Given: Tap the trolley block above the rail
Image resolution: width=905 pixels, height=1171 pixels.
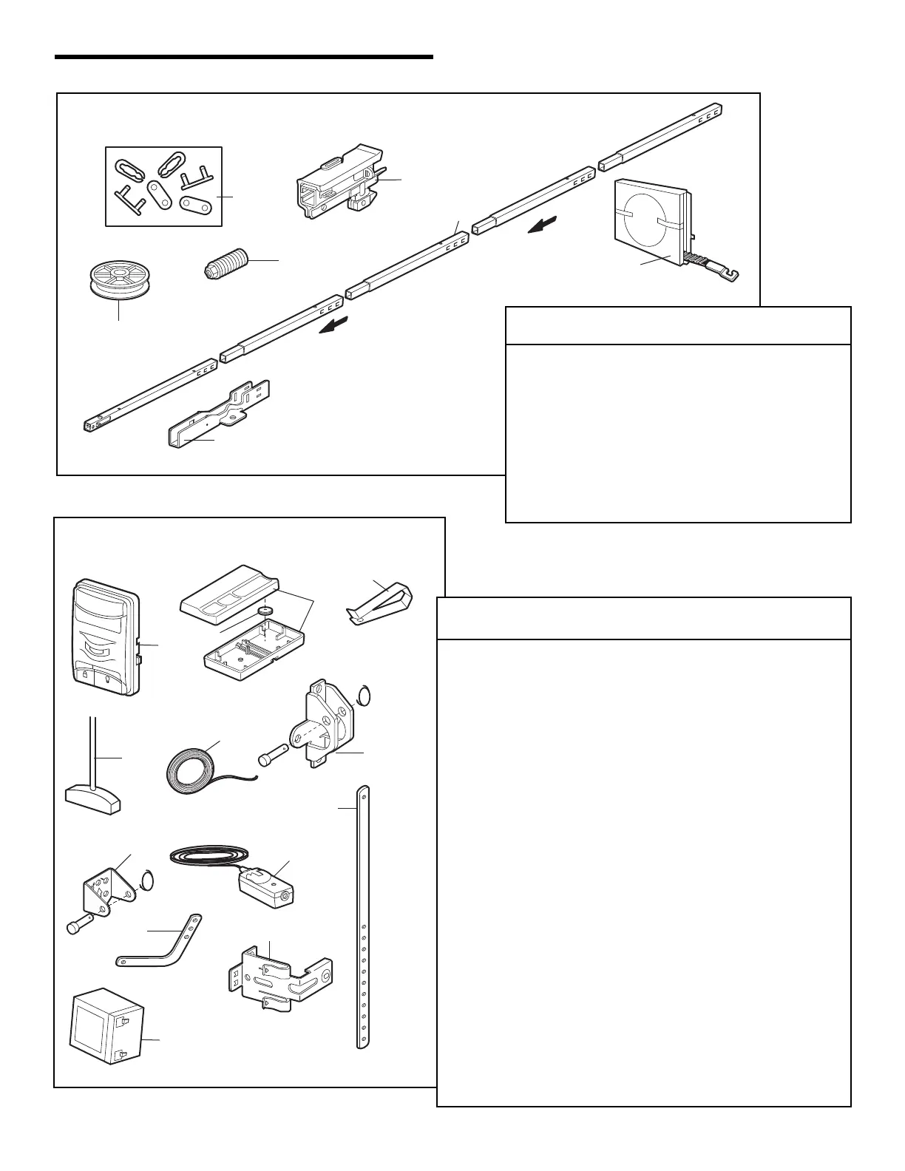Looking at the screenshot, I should click(x=341, y=180).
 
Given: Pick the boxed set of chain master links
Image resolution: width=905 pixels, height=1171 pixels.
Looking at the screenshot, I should click(x=163, y=186).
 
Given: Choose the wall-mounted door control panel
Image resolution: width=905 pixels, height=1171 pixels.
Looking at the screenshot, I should click(x=106, y=637).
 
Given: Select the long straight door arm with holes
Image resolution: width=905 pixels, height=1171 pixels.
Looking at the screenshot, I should click(x=362, y=917).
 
